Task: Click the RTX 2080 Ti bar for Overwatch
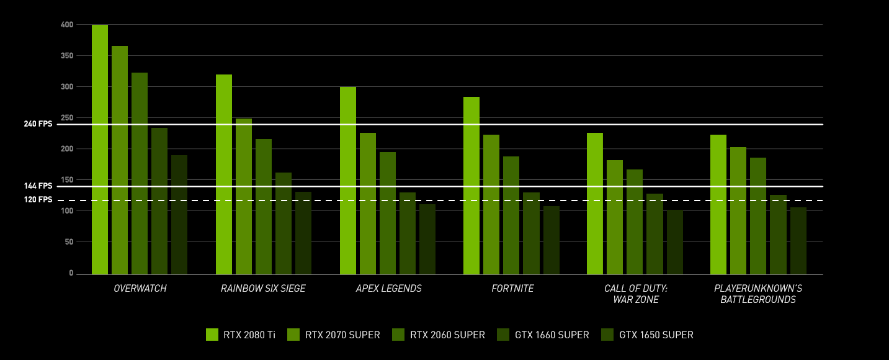click(x=99, y=150)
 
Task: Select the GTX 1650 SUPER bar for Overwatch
click(x=179, y=215)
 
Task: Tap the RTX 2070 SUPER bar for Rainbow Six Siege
click(x=244, y=196)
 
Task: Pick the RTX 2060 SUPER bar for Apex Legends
click(x=388, y=213)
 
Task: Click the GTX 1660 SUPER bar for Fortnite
click(x=531, y=233)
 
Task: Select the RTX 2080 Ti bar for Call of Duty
click(x=595, y=204)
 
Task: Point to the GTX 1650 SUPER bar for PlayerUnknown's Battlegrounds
click(x=798, y=241)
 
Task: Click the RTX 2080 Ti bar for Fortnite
click(x=471, y=186)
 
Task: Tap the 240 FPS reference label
click(x=38, y=124)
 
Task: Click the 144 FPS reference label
click(x=38, y=186)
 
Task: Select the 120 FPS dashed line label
click(x=38, y=200)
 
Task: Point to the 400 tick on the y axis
click(x=67, y=25)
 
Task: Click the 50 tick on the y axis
click(x=69, y=242)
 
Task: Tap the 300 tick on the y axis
click(x=67, y=87)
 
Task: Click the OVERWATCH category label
click(x=140, y=289)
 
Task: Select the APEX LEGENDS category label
click(x=388, y=289)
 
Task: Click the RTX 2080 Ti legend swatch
click(x=212, y=335)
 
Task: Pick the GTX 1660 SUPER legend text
click(x=552, y=335)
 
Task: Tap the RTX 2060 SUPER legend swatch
click(x=398, y=335)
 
